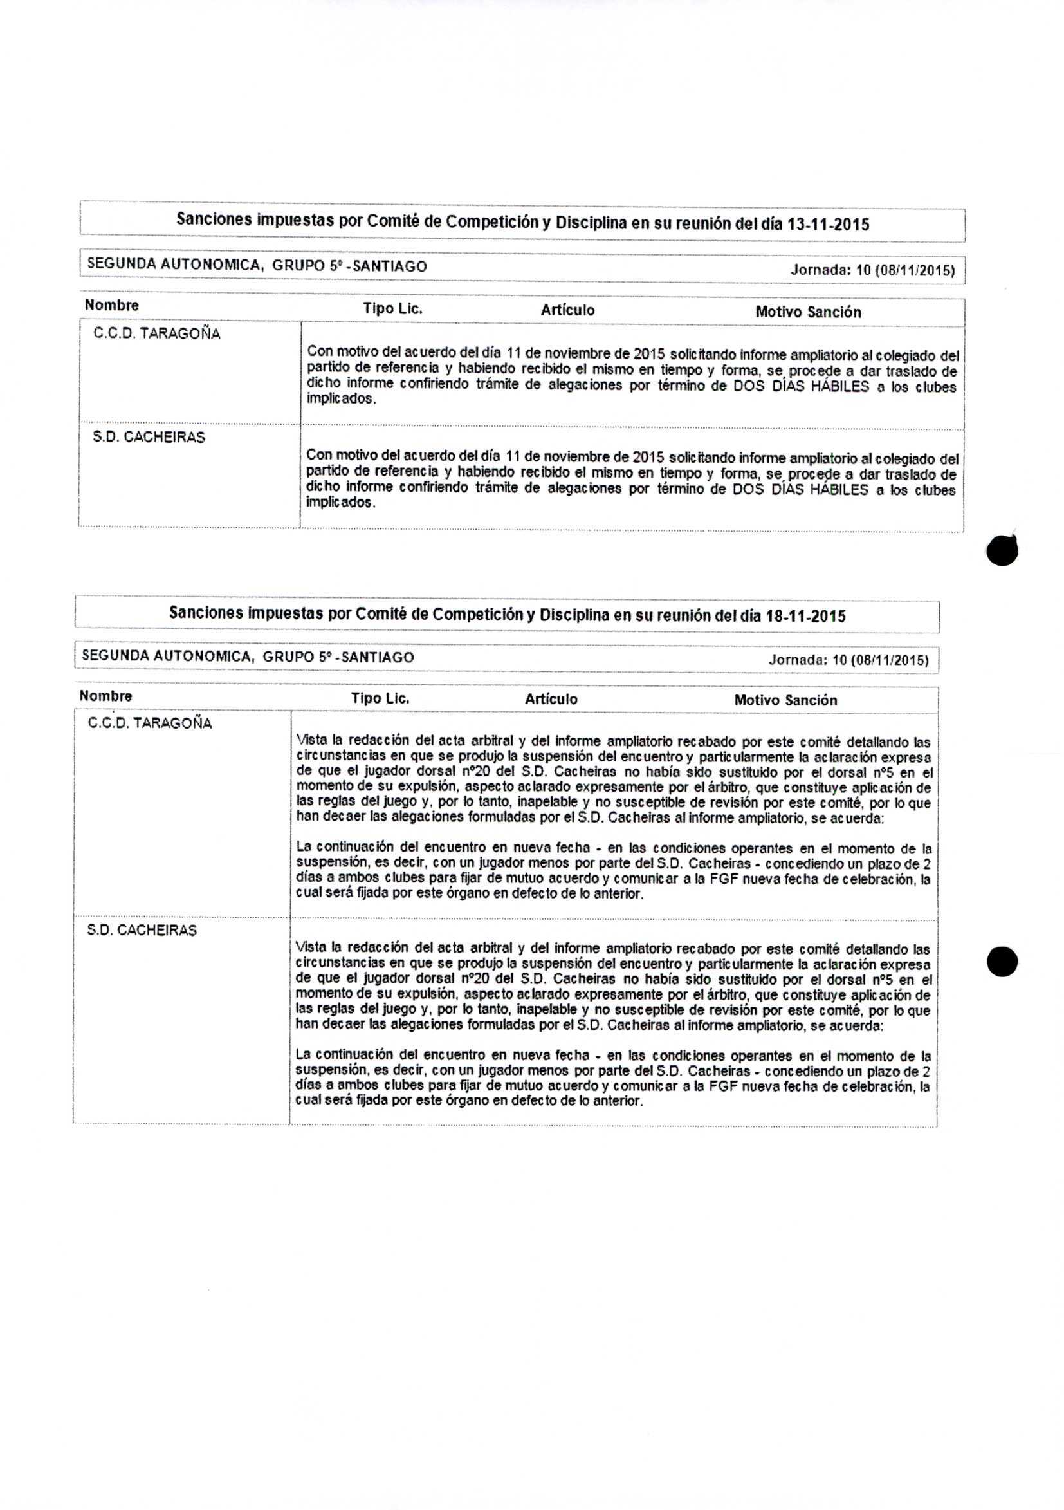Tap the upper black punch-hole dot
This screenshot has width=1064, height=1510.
(1002, 550)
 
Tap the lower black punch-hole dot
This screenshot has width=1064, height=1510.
(1002, 962)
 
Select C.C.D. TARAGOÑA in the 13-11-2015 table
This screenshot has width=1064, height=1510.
(157, 333)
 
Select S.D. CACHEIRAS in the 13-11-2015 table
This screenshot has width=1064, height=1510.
(149, 437)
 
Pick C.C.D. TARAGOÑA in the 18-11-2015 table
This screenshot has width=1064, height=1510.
(150, 723)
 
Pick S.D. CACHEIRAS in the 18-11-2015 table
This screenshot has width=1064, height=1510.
(142, 930)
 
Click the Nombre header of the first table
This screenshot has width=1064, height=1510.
(112, 305)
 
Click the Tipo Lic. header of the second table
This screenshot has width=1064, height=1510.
(380, 698)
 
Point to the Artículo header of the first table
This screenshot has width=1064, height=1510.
(568, 310)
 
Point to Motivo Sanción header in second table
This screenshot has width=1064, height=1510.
(785, 700)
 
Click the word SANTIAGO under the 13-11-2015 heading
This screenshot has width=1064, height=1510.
(390, 266)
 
